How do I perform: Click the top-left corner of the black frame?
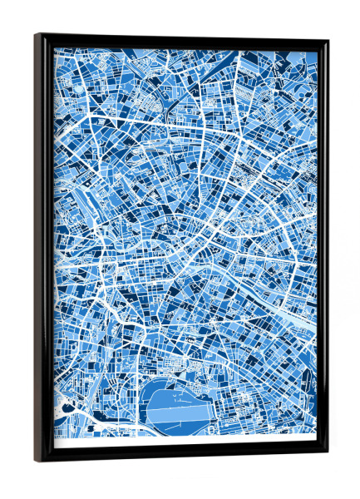(x=37, y=36)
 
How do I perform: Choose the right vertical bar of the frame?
(x=323, y=249)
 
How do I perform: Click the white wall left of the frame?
(x=17, y=249)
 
